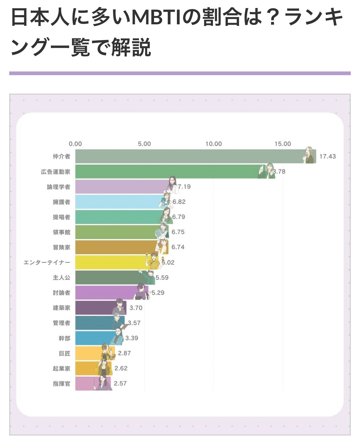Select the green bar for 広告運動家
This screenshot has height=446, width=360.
(166, 172)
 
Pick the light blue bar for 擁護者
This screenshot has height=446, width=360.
(117, 202)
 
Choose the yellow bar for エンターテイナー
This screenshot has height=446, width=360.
(111, 262)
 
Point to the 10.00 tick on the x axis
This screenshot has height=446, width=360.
(214, 144)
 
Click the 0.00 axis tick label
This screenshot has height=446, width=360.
(75, 144)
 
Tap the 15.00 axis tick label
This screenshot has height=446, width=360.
(283, 144)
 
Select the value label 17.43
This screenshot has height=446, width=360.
(327, 156)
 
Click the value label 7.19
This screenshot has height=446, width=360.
(184, 187)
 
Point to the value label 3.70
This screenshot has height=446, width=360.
(136, 308)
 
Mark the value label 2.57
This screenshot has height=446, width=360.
(120, 383)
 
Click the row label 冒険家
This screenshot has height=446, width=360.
(62, 247)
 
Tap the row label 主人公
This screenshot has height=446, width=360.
(62, 278)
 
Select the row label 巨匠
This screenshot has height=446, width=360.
(65, 353)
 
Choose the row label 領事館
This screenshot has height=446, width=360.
(62, 232)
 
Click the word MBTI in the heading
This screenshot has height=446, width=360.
(157, 18)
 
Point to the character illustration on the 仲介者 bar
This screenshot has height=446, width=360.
(310, 156)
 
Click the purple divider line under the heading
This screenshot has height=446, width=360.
(180, 73)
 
